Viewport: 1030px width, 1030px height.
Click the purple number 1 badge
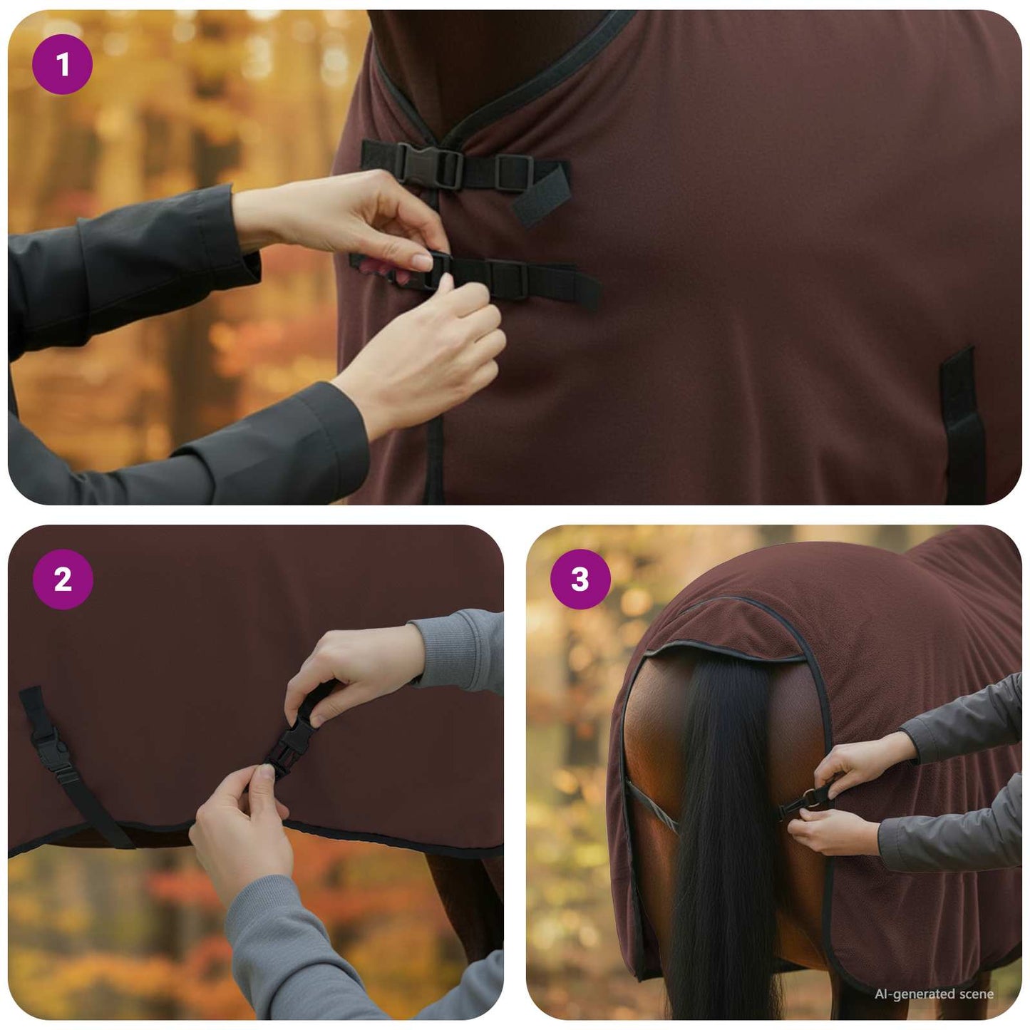tap(63, 65)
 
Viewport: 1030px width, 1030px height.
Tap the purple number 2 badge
tap(63, 580)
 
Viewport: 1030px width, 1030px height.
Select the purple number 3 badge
tap(580, 580)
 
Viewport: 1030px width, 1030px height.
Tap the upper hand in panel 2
tap(349, 670)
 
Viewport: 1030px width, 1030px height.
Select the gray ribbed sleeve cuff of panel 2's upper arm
tap(456, 649)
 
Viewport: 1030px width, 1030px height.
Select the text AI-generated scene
tap(934, 994)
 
